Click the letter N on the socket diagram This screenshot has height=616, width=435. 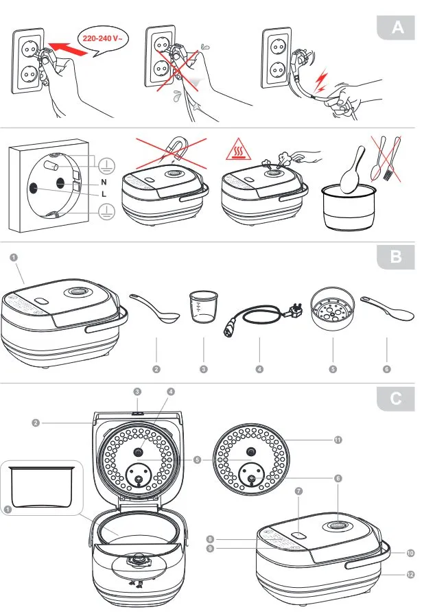coord(103,183)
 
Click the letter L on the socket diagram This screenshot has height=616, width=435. coord(103,194)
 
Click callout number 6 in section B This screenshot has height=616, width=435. coord(388,369)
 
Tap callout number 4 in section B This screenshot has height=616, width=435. coord(260,369)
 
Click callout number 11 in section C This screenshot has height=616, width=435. coord(338,440)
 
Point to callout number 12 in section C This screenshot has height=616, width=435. coord(411,574)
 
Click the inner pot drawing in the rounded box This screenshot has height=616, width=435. coord(41,487)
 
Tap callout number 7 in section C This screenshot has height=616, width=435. coord(298,492)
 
